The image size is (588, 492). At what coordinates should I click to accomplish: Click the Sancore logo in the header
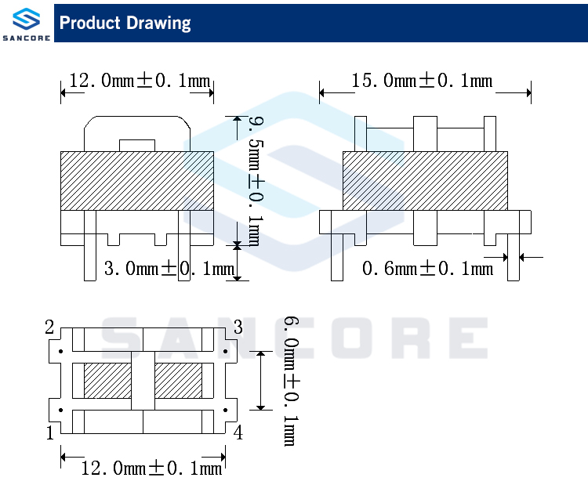(26, 24)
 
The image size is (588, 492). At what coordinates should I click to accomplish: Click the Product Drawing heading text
(125, 24)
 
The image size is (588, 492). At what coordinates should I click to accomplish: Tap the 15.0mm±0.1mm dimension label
(422, 81)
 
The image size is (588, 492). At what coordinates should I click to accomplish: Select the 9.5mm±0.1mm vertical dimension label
(256, 181)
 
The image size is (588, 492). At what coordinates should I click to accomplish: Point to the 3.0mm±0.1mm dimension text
(169, 268)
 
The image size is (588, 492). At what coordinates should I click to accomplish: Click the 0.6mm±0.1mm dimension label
(427, 268)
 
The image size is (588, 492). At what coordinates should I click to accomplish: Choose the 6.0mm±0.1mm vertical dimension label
(292, 381)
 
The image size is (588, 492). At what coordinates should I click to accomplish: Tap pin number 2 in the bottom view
(49, 327)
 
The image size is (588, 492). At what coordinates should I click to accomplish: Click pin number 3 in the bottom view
(238, 327)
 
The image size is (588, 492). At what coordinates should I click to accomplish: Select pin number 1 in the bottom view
(50, 432)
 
